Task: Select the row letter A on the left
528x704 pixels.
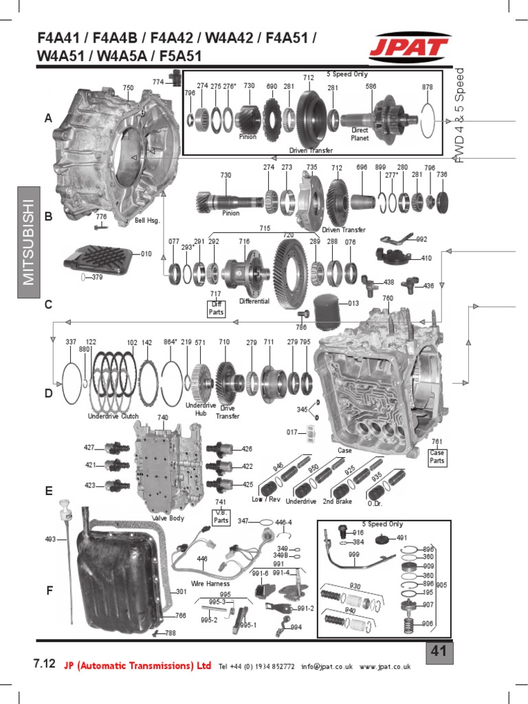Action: pos(48,119)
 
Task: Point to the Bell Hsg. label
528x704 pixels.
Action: pos(147,221)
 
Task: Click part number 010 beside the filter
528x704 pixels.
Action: pos(146,254)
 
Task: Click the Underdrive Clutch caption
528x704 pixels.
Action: pos(113,416)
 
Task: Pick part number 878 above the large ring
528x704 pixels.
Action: pos(428,87)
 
